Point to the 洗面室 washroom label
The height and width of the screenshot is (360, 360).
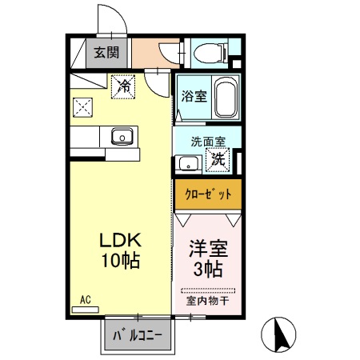pos(207,142)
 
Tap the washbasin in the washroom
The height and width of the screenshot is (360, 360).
pos(189,164)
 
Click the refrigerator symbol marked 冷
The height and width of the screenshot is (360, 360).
pos(124,85)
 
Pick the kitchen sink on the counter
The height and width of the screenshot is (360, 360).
pos(122,136)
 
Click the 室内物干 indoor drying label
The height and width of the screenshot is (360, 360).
pos(207,302)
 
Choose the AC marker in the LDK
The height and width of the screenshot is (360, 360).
pos(85,300)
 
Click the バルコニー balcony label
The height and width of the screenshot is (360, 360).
pos(136,334)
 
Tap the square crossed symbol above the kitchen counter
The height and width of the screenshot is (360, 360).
pos(82,106)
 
